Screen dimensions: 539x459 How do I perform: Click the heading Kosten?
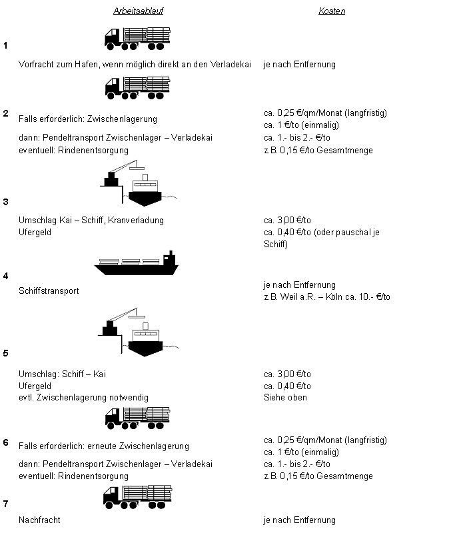click(x=332, y=11)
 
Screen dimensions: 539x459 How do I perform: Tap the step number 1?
click(x=5, y=45)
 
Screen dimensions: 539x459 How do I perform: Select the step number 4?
click(x=5, y=276)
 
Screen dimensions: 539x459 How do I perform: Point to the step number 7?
click(x=5, y=504)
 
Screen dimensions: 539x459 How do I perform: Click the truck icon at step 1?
click(x=137, y=38)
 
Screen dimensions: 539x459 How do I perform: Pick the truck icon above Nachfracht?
click(x=137, y=496)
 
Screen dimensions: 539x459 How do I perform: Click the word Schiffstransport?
click(x=49, y=291)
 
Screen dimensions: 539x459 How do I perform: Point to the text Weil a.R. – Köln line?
click(x=327, y=296)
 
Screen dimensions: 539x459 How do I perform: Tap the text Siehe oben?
click(x=285, y=398)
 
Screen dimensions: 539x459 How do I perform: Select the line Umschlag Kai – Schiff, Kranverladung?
click(x=91, y=220)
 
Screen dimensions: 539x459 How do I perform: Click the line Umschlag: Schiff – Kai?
click(x=62, y=374)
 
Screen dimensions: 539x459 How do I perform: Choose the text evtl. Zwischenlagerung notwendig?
click(x=83, y=398)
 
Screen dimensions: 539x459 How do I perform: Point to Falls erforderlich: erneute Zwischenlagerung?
click(x=104, y=446)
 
